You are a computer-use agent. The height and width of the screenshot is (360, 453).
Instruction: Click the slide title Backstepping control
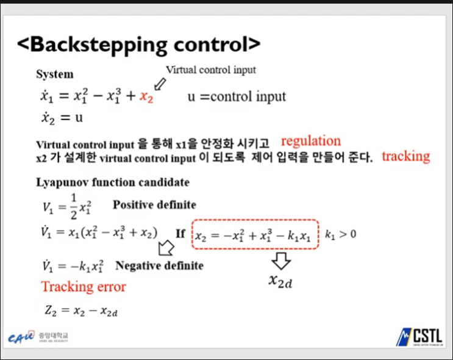[x=139, y=44]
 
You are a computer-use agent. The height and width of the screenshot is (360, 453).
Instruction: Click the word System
[x=55, y=74]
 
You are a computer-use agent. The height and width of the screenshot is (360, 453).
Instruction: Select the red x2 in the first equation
[x=146, y=96]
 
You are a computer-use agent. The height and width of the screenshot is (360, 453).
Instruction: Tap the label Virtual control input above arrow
[x=210, y=70]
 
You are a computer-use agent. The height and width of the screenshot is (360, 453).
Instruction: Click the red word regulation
[x=310, y=141]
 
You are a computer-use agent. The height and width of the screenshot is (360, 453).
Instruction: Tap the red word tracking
[x=405, y=156]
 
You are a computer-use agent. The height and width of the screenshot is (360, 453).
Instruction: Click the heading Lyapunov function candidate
[x=112, y=182]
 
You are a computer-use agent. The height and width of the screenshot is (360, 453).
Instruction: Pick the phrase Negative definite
[x=159, y=265]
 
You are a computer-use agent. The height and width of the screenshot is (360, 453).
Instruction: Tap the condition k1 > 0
[x=340, y=234]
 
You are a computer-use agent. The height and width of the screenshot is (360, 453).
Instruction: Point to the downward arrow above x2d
[x=282, y=262]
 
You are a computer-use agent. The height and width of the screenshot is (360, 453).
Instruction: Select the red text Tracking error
[x=84, y=287]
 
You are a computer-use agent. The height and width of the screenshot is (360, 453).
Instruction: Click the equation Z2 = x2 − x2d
[x=80, y=311]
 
